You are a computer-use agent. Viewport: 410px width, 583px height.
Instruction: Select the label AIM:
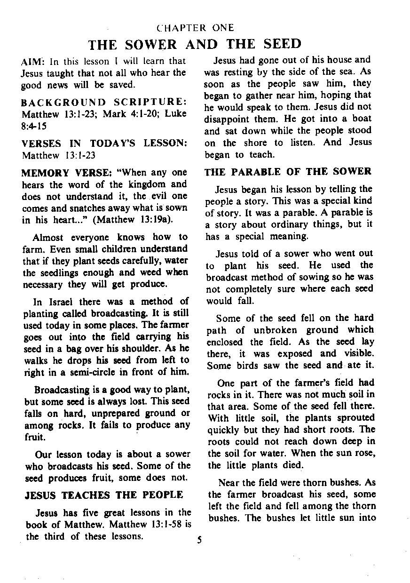click(32, 62)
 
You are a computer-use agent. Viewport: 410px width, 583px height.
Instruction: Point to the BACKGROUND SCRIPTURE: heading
click(104, 102)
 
